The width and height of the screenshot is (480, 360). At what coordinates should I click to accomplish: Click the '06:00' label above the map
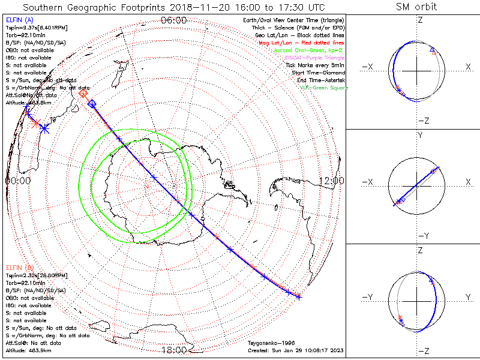coord(174,20)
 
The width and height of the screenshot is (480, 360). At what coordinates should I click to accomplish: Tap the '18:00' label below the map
coord(174,350)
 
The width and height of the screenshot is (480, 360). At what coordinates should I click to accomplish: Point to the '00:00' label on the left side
coord(17,180)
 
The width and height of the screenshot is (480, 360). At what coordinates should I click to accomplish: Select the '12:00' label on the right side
coord(331,180)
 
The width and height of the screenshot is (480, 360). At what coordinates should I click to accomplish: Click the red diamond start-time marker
coord(83,94)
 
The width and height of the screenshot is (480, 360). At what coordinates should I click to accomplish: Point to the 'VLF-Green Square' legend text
coord(323,88)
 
